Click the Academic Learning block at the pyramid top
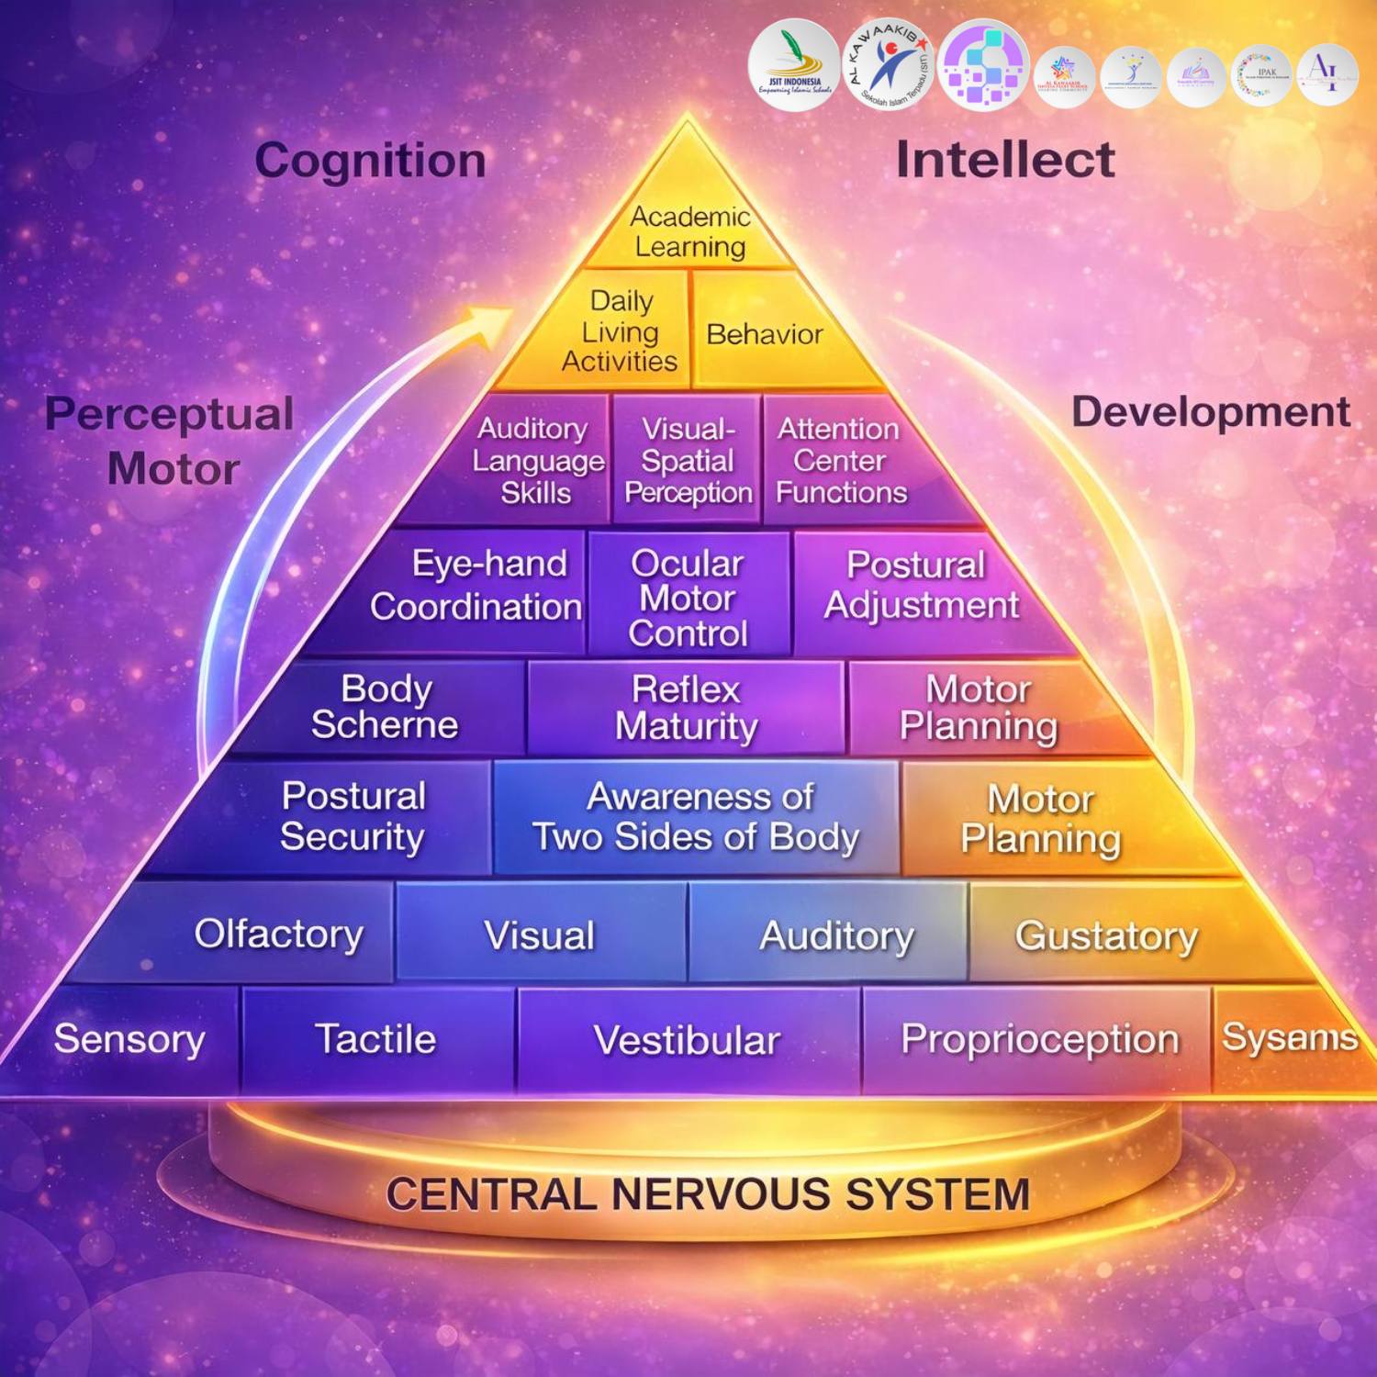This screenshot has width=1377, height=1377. tap(689, 231)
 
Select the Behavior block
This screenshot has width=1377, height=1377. tap(764, 334)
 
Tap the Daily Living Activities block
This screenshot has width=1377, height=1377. tap(621, 331)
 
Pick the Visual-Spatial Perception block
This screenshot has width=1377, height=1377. tap(688, 460)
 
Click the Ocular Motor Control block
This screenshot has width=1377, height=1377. tap(688, 598)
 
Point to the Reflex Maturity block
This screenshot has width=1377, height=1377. tap(686, 708)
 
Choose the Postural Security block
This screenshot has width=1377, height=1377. tap(353, 816)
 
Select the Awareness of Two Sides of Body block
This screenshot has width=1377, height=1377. tap(697, 816)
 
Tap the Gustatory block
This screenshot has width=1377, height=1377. tap(1106, 935)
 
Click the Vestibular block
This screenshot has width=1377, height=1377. tap(688, 1040)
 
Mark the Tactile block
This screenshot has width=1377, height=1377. tap(376, 1039)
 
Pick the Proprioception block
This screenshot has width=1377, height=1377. tap(1039, 1039)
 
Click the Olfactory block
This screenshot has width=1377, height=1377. tap(279, 934)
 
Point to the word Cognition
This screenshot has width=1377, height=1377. tap(371, 161)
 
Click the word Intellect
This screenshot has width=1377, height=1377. tap(1005, 160)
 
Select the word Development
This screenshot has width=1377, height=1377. tap(1210, 411)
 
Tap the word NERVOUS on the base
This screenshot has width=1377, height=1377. tap(720, 1194)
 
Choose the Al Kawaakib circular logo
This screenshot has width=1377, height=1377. tap(889, 64)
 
